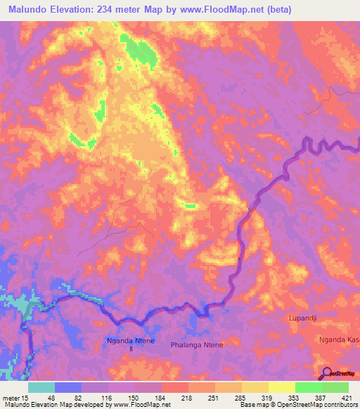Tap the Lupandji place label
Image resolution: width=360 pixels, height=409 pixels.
(x=304, y=318)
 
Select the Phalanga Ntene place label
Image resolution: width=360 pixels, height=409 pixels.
(x=197, y=345)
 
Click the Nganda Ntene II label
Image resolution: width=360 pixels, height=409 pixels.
(x=131, y=344)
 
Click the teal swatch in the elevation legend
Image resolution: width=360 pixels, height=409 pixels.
(x=41, y=387)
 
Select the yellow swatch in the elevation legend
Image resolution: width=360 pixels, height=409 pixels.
(x=282, y=387)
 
